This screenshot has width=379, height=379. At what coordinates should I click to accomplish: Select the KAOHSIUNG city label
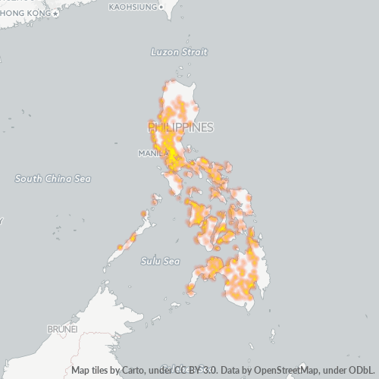point(133,7)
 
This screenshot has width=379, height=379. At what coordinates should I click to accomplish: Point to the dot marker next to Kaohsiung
point(162,7)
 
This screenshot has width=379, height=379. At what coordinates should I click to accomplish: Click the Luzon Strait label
point(179,52)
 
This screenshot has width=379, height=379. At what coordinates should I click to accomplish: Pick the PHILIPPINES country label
point(180,127)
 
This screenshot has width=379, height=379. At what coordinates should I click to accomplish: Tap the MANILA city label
point(152,153)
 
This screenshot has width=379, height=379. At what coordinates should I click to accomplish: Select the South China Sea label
point(53,178)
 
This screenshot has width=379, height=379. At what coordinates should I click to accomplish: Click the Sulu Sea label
point(160,261)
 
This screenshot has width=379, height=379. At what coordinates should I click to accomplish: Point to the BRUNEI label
point(62,330)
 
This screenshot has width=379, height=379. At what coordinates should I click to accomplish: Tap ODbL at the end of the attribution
point(361,371)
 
